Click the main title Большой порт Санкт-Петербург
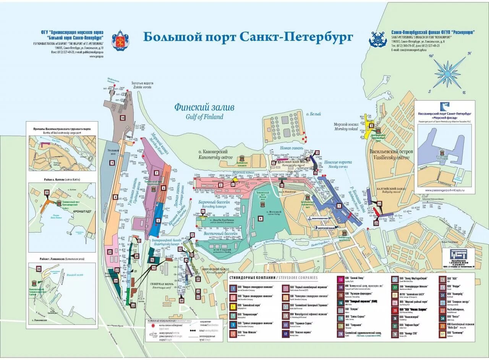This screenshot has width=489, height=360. tap(248, 37)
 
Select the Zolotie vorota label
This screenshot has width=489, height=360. tap(142, 85)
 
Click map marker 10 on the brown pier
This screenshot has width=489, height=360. tap(123, 118)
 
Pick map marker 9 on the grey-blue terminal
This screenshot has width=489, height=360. tap(112, 163)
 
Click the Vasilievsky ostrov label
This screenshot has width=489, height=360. tap(391, 154)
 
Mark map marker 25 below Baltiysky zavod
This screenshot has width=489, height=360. tap(376, 223)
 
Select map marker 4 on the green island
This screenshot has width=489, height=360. tap(261, 219)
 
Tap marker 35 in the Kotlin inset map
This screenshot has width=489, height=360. tap(47, 193)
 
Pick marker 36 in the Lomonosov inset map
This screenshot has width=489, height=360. tap(39, 269)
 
